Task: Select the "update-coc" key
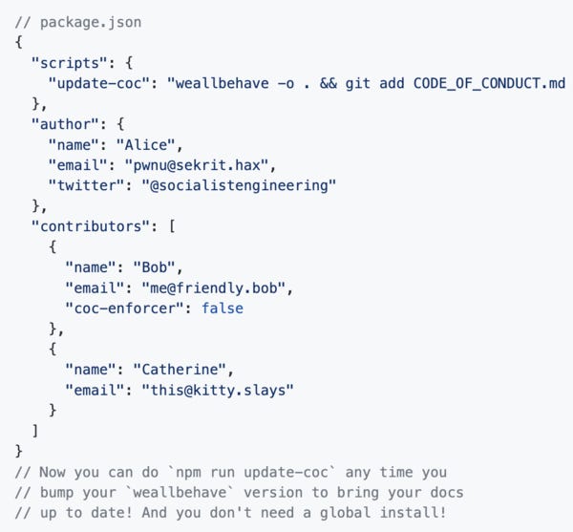point(100,83)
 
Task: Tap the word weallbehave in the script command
point(223,83)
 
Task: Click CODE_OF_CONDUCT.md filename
point(489,83)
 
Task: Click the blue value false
point(223,308)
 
